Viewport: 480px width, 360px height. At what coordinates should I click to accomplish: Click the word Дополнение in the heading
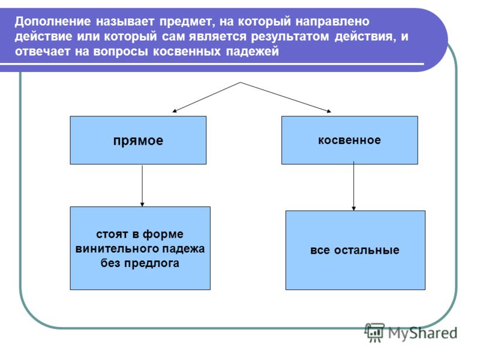pos(53,22)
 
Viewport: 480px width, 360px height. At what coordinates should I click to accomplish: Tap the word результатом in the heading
pos(290,37)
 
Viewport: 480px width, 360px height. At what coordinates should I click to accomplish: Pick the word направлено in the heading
pos(332,22)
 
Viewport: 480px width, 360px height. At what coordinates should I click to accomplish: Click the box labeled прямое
pos(138,140)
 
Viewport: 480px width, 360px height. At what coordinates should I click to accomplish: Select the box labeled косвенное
pos(350,140)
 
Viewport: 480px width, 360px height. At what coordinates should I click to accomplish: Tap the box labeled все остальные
pos(355,250)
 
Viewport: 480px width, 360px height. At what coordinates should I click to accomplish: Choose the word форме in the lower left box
pos(163,235)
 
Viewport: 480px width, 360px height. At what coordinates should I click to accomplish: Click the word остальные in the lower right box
pos(367,250)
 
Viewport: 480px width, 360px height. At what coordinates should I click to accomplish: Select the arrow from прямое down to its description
pos(142,185)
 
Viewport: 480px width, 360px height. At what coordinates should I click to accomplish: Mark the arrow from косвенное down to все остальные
pos(353,186)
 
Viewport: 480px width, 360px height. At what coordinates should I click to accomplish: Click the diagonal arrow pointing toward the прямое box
pos(206,97)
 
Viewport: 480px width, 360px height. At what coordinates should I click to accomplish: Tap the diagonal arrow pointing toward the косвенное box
pos(286,97)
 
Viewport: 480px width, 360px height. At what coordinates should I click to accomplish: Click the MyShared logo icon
pos(374,332)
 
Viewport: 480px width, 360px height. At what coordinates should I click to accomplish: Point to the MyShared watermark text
pos(423,333)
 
